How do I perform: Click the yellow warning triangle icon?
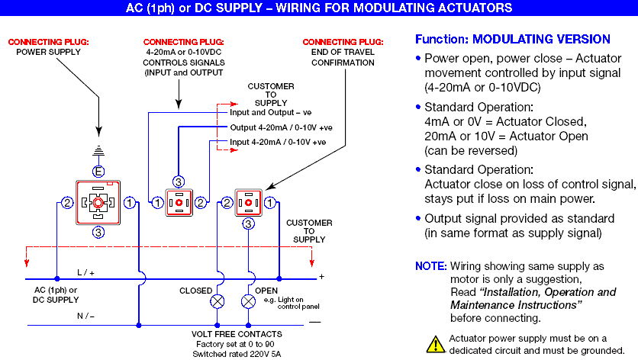click(x=434, y=343)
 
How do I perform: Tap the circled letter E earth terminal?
click(x=98, y=170)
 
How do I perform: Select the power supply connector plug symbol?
click(x=98, y=203)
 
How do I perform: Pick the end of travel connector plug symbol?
click(x=249, y=203)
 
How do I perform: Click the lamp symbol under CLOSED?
click(x=218, y=302)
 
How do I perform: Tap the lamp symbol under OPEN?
click(x=249, y=302)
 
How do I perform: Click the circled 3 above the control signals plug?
click(x=179, y=181)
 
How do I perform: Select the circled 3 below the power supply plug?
click(x=98, y=233)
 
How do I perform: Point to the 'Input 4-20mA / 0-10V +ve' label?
click(x=278, y=142)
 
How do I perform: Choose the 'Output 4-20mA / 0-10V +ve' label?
click(x=281, y=127)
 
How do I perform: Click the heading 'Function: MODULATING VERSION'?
click(x=512, y=39)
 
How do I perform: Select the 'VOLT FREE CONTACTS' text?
click(x=237, y=334)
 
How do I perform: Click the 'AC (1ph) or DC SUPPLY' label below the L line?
click(x=56, y=295)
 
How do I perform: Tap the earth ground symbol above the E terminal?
click(x=98, y=151)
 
